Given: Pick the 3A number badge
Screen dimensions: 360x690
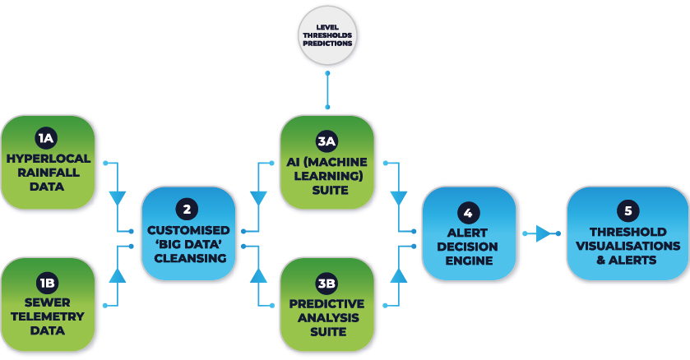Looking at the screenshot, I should click(x=327, y=141).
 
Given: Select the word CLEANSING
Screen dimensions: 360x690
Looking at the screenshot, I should click(x=189, y=257).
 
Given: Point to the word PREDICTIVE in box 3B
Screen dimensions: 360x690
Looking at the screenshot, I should click(x=327, y=303).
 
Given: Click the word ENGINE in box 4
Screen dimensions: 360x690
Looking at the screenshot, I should click(x=468, y=261).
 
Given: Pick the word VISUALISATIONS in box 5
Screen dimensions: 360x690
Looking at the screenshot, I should click(x=628, y=246).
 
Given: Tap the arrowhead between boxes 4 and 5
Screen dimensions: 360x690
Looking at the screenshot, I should click(x=544, y=233).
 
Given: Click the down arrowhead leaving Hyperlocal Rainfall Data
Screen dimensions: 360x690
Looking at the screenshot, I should click(x=118, y=198).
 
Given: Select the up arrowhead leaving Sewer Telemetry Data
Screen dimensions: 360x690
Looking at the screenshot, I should click(x=118, y=275).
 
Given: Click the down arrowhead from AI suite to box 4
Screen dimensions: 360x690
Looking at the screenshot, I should click(x=399, y=198).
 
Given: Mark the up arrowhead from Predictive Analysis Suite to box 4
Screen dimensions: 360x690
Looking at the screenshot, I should click(x=399, y=275).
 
